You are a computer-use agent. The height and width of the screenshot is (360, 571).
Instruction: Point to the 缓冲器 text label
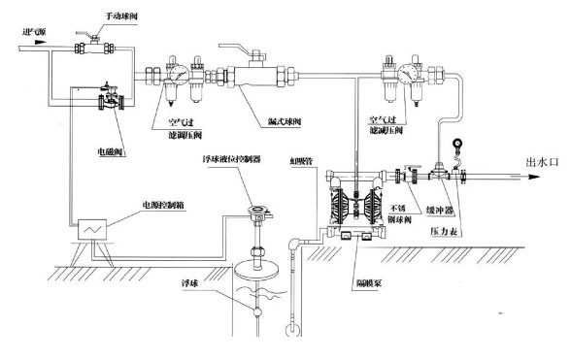[x=443, y=216]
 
